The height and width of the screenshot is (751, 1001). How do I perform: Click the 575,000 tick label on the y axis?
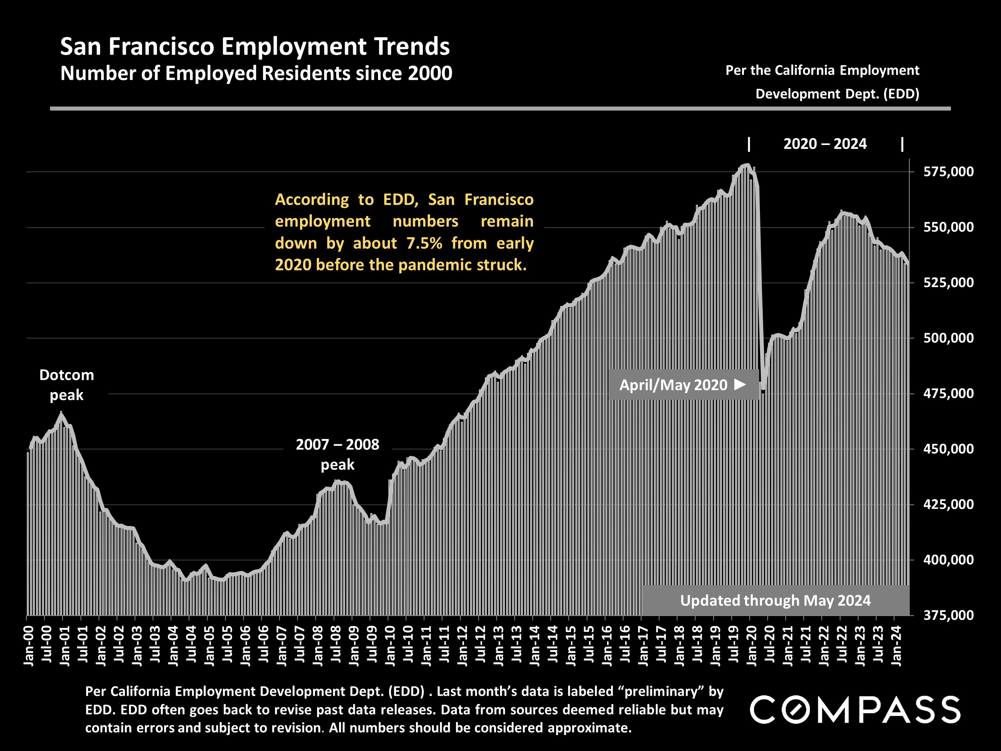948,171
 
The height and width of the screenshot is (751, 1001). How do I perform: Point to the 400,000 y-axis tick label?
948,560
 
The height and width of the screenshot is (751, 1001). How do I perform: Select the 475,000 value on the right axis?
948,393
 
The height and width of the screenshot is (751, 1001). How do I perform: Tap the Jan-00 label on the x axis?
28,646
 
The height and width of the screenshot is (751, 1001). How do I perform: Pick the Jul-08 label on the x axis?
336,646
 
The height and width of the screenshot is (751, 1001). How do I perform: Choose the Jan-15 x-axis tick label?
571,646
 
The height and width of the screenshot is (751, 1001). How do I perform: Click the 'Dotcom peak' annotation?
66,385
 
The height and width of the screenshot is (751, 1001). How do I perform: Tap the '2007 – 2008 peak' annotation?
338,455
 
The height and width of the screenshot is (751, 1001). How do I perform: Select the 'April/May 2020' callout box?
683,385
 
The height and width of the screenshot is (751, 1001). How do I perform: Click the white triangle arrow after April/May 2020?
740,385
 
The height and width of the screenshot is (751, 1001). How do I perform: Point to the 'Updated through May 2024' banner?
775,600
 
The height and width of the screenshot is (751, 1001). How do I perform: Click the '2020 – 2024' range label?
825,144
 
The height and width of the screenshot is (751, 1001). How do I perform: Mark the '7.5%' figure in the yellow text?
424,243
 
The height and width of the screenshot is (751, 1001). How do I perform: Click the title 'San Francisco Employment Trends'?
255,46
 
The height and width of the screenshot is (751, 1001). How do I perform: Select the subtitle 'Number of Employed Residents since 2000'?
256,73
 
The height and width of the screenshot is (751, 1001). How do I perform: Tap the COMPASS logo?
855,709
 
